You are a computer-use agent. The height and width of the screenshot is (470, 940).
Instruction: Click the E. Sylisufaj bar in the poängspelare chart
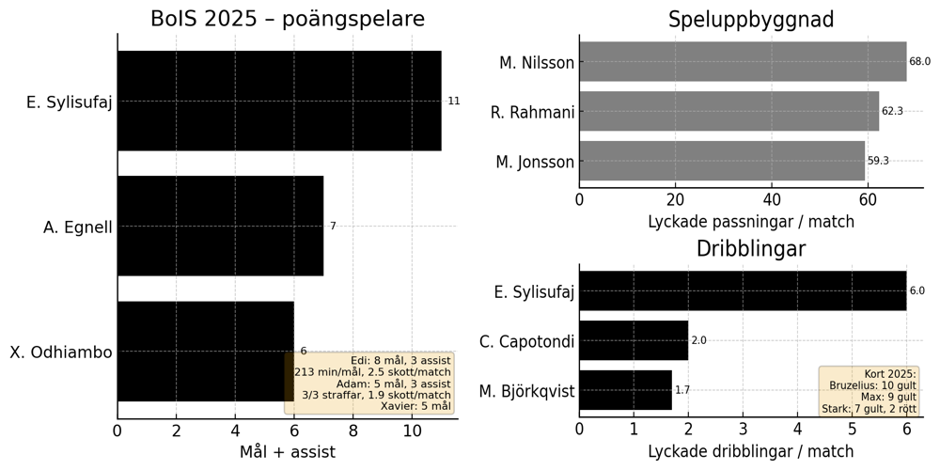point(279,101)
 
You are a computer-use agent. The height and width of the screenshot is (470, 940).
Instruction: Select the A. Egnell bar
point(220,227)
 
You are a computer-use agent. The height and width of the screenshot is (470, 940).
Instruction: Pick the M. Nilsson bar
point(743,62)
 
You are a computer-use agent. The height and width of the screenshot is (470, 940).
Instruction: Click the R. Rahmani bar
point(728,111)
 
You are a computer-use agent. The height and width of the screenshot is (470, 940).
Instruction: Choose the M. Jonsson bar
point(721,161)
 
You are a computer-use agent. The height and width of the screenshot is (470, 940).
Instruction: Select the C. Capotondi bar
point(633,340)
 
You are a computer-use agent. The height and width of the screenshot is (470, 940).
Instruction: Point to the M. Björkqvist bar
point(625,390)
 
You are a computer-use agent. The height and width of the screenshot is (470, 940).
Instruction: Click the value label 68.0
point(919,62)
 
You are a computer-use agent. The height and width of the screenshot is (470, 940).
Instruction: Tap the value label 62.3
point(892,111)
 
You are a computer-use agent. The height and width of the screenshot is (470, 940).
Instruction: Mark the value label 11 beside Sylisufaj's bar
point(454,101)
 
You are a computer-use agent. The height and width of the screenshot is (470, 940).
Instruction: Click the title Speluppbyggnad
point(750,20)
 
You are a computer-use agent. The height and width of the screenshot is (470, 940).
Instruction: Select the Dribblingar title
point(750,249)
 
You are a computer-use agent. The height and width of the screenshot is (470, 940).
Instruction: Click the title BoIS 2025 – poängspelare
point(287,20)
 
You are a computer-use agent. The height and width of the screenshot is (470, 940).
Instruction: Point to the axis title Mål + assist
point(287,452)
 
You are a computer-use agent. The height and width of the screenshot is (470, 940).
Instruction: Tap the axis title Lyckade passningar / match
point(750,222)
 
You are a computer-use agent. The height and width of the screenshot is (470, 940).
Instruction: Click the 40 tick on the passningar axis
point(772,199)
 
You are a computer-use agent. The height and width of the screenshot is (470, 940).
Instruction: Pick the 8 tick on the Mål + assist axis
point(353,431)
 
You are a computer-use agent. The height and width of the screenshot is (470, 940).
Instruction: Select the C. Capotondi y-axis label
point(526,341)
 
